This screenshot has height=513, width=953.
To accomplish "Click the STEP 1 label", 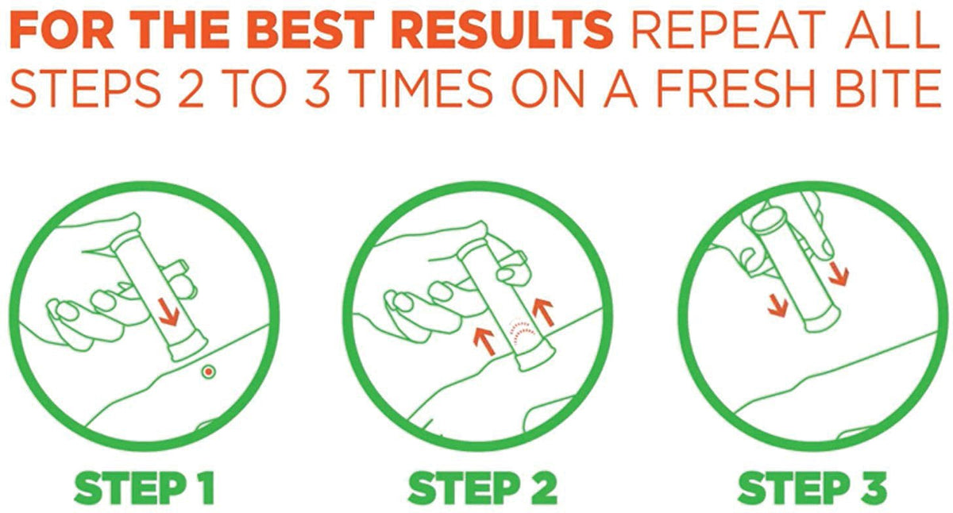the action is (145, 488).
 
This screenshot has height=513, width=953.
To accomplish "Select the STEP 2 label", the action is (483, 488).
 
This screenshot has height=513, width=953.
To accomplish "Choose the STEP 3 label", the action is (812, 488).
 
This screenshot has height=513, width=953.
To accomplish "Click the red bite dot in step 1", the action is (208, 372).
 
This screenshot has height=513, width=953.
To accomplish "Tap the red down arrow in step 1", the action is (168, 312).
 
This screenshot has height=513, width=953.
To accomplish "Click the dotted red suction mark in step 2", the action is (523, 332).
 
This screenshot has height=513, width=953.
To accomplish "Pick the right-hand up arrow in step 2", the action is (544, 312).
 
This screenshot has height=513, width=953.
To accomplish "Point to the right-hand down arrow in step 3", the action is (839, 272).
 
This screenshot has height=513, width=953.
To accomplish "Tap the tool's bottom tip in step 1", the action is (189, 349).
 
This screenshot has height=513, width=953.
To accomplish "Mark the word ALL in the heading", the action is (892, 29).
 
